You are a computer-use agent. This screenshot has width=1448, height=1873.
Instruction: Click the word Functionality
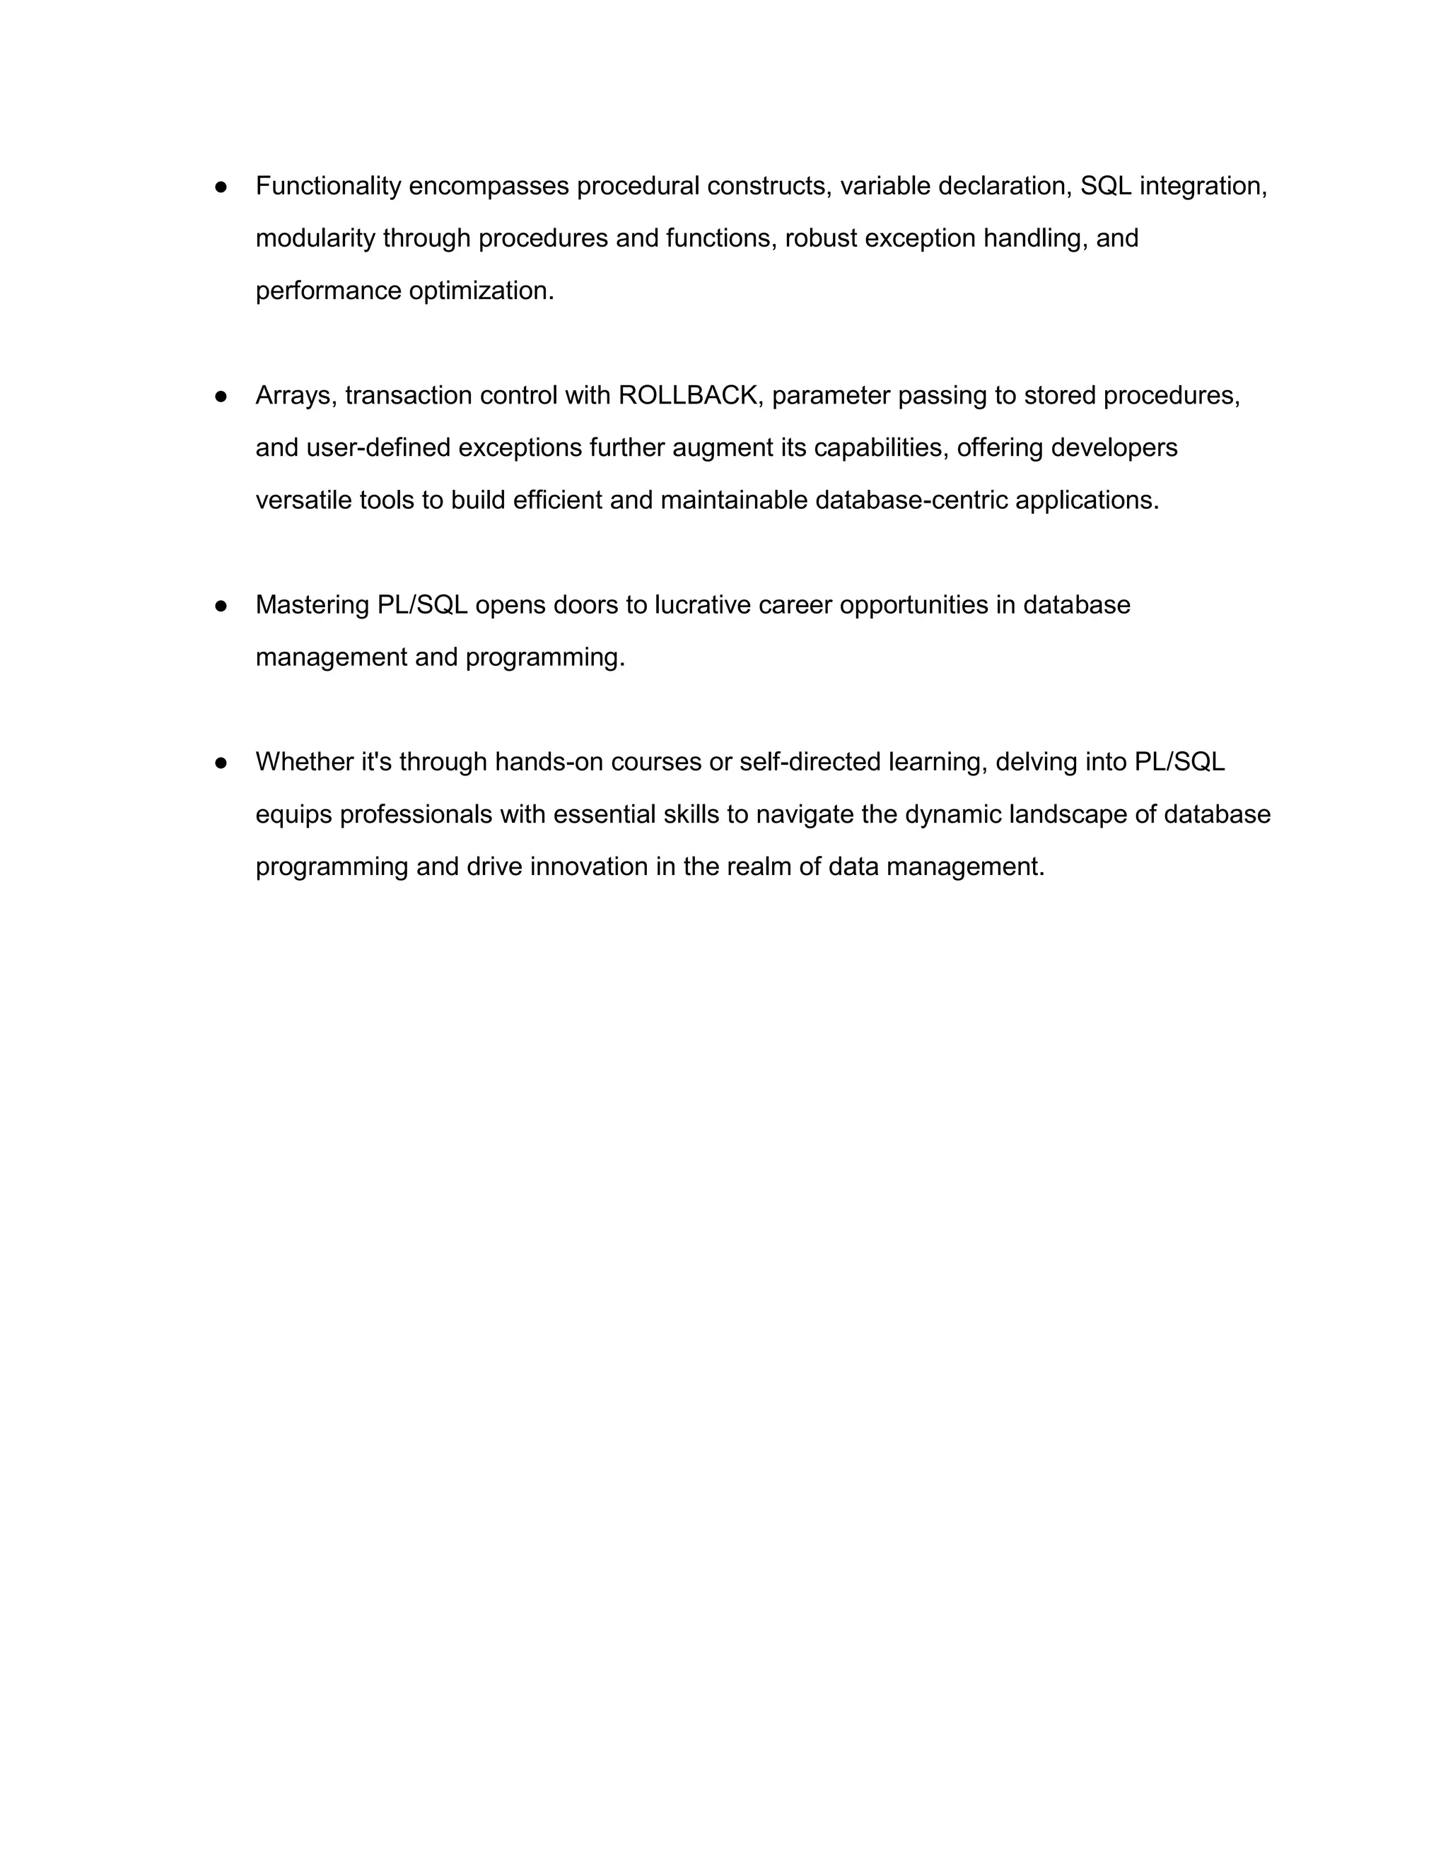[327, 186]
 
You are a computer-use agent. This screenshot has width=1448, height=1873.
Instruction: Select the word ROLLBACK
[688, 395]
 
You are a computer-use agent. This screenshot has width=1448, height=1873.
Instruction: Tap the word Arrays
[296, 395]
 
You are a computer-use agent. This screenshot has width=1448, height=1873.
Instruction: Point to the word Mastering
[313, 606]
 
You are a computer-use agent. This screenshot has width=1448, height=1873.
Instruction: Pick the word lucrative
[703, 606]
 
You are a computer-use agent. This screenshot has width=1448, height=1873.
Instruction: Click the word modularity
[315, 238]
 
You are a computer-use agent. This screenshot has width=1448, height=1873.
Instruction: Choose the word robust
[821, 238]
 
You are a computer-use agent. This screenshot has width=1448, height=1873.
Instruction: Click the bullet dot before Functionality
[221, 186]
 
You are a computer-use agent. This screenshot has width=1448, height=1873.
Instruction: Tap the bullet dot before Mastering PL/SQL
[221, 606]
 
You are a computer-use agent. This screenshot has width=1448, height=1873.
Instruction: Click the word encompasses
[488, 186]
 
